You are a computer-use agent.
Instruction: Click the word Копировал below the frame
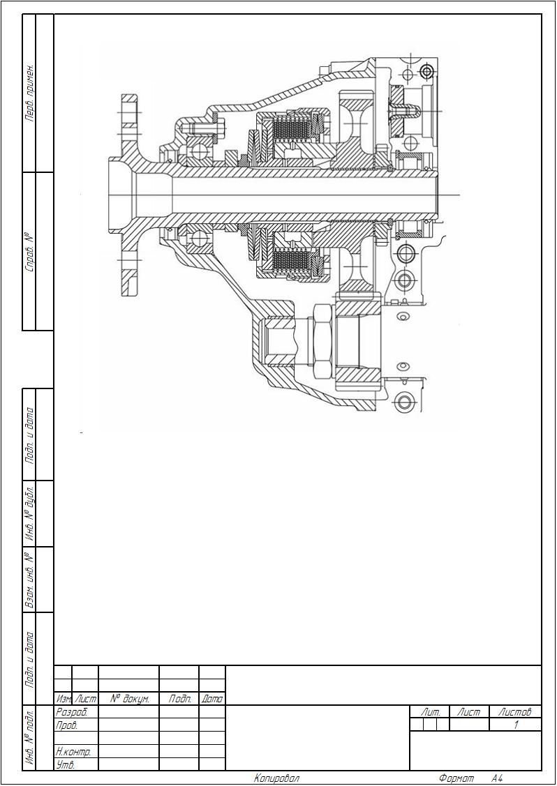click(x=276, y=778)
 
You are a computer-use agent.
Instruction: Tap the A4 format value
click(x=497, y=778)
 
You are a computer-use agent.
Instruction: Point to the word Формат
click(x=456, y=778)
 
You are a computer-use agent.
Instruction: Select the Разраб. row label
click(x=72, y=712)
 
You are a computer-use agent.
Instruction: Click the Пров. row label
click(x=67, y=725)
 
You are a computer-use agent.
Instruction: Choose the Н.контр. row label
click(x=73, y=751)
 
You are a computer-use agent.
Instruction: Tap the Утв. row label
click(x=65, y=764)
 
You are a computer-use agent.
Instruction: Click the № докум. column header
click(x=129, y=699)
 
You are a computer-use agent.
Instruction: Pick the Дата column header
click(x=212, y=699)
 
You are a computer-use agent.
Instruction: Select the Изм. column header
click(x=64, y=699)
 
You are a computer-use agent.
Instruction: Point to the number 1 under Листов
click(x=516, y=725)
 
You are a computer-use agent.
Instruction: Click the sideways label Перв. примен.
click(x=29, y=93)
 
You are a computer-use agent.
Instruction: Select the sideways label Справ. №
click(x=29, y=251)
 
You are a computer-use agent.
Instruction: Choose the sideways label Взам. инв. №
click(x=29, y=580)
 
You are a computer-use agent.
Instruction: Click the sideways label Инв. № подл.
click(x=29, y=737)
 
